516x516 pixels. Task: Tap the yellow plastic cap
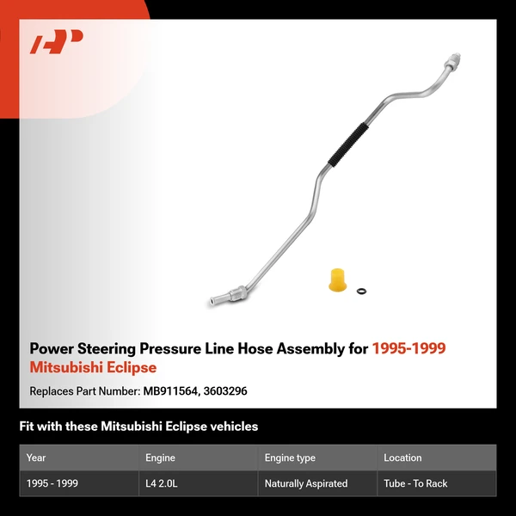[337, 280]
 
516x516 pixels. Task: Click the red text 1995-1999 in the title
[408, 348]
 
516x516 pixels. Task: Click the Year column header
[36, 458]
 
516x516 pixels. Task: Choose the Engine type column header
[290, 458]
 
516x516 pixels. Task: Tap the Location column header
[402, 458]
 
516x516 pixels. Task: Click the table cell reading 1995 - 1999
[52, 483]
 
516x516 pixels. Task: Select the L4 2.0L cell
[163, 483]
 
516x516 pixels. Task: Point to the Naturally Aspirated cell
[306, 483]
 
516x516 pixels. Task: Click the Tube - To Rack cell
[415, 483]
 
